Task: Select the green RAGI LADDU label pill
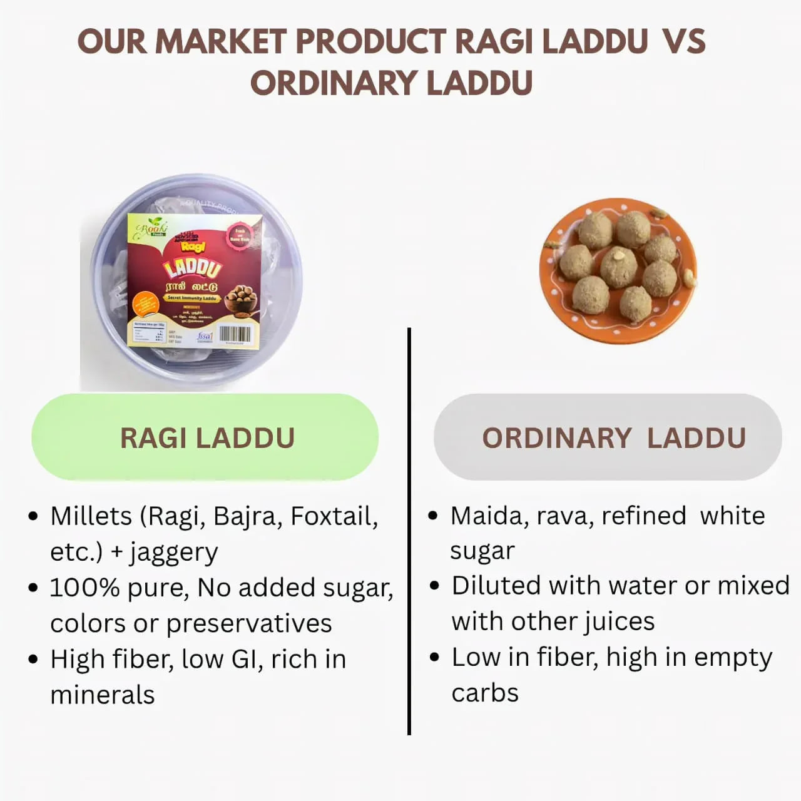tap(205, 437)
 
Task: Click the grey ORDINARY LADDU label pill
tap(608, 437)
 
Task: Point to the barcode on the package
tap(235, 334)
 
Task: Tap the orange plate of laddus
tap(618, 270)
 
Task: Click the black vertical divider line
tap(409, 532)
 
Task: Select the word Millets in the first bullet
tap(91, 516)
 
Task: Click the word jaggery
tap(173, 553)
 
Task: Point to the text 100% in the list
tap(84, 588)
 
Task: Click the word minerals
tap(102, 695)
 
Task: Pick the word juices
tap(620, 622)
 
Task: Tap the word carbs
tap(485, 693)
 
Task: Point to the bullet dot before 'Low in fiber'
tap(435, 658)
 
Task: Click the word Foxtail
tap(334, 516)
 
